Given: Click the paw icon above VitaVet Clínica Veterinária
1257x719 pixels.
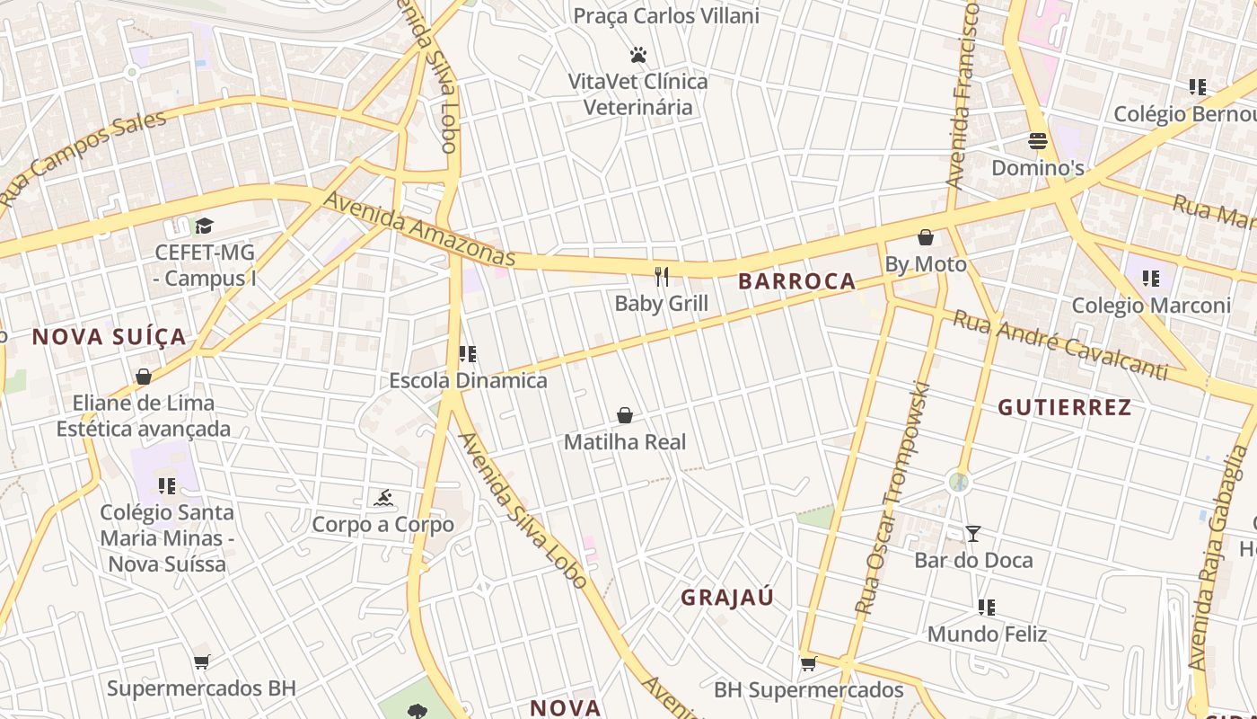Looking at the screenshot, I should pos(638,56).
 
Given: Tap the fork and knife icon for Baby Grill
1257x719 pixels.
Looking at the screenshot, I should pos(662,276).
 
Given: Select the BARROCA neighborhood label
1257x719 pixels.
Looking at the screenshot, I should pos(796,281).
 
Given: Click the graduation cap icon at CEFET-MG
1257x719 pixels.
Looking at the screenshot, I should pos(205,226).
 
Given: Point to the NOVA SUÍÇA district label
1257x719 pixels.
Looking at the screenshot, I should pos(110,337).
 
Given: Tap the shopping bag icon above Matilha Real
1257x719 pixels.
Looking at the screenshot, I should pos(625,415).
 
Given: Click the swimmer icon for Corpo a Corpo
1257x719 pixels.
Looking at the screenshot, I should pos(383,498).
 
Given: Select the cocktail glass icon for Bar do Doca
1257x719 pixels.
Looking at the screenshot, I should pos(972,534).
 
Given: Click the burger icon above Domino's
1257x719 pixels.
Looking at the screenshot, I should pos(1038,141).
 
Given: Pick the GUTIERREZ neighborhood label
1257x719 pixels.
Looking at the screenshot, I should pos(1065,407).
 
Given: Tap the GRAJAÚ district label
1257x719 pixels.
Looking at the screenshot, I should pos(727,598).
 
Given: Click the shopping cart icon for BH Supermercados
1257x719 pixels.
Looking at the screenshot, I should pos(808,664).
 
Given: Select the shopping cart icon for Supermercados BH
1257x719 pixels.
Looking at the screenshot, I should pos(201,662).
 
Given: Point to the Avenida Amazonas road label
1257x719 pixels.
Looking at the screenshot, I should pos(419,229).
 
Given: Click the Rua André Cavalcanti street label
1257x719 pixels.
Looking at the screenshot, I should pos(1059,345).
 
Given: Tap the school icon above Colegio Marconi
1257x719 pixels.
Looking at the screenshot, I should pos(1151,279).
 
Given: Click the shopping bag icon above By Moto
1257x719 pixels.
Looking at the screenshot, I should pos(926,238).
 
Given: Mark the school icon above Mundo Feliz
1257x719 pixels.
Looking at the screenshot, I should pos(987,608).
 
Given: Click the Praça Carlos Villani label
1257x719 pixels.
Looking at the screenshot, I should pos(666,16).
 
